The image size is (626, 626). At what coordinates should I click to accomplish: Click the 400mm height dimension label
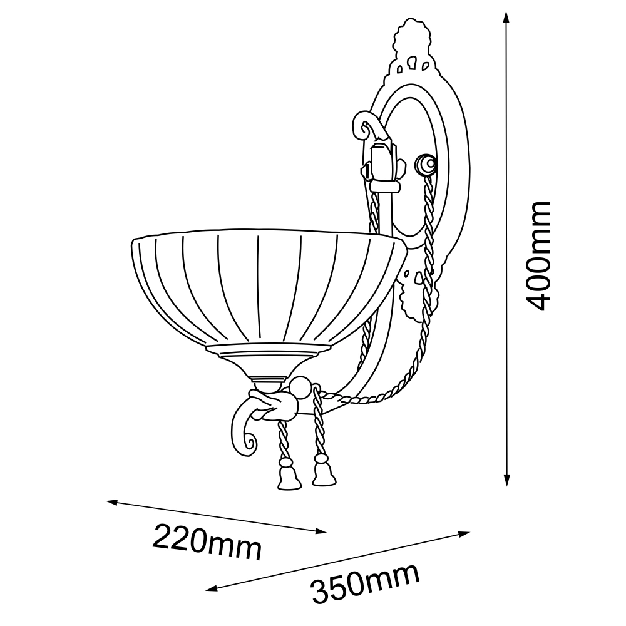[x=538, y=256]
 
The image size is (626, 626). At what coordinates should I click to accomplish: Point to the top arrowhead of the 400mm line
[x=506, y=18]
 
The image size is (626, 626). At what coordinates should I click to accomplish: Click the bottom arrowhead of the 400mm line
[x=506, y=479]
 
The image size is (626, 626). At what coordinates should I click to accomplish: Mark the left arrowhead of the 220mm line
[x=112, y=502]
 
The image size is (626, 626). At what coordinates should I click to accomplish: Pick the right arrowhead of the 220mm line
[x=321, y=531]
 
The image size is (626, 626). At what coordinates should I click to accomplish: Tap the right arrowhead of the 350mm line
[x=464, y=534]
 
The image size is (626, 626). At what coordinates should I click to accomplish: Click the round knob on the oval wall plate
[x=426, y=164]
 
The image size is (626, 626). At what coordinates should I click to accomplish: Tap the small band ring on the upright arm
[x=384, y=187]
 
